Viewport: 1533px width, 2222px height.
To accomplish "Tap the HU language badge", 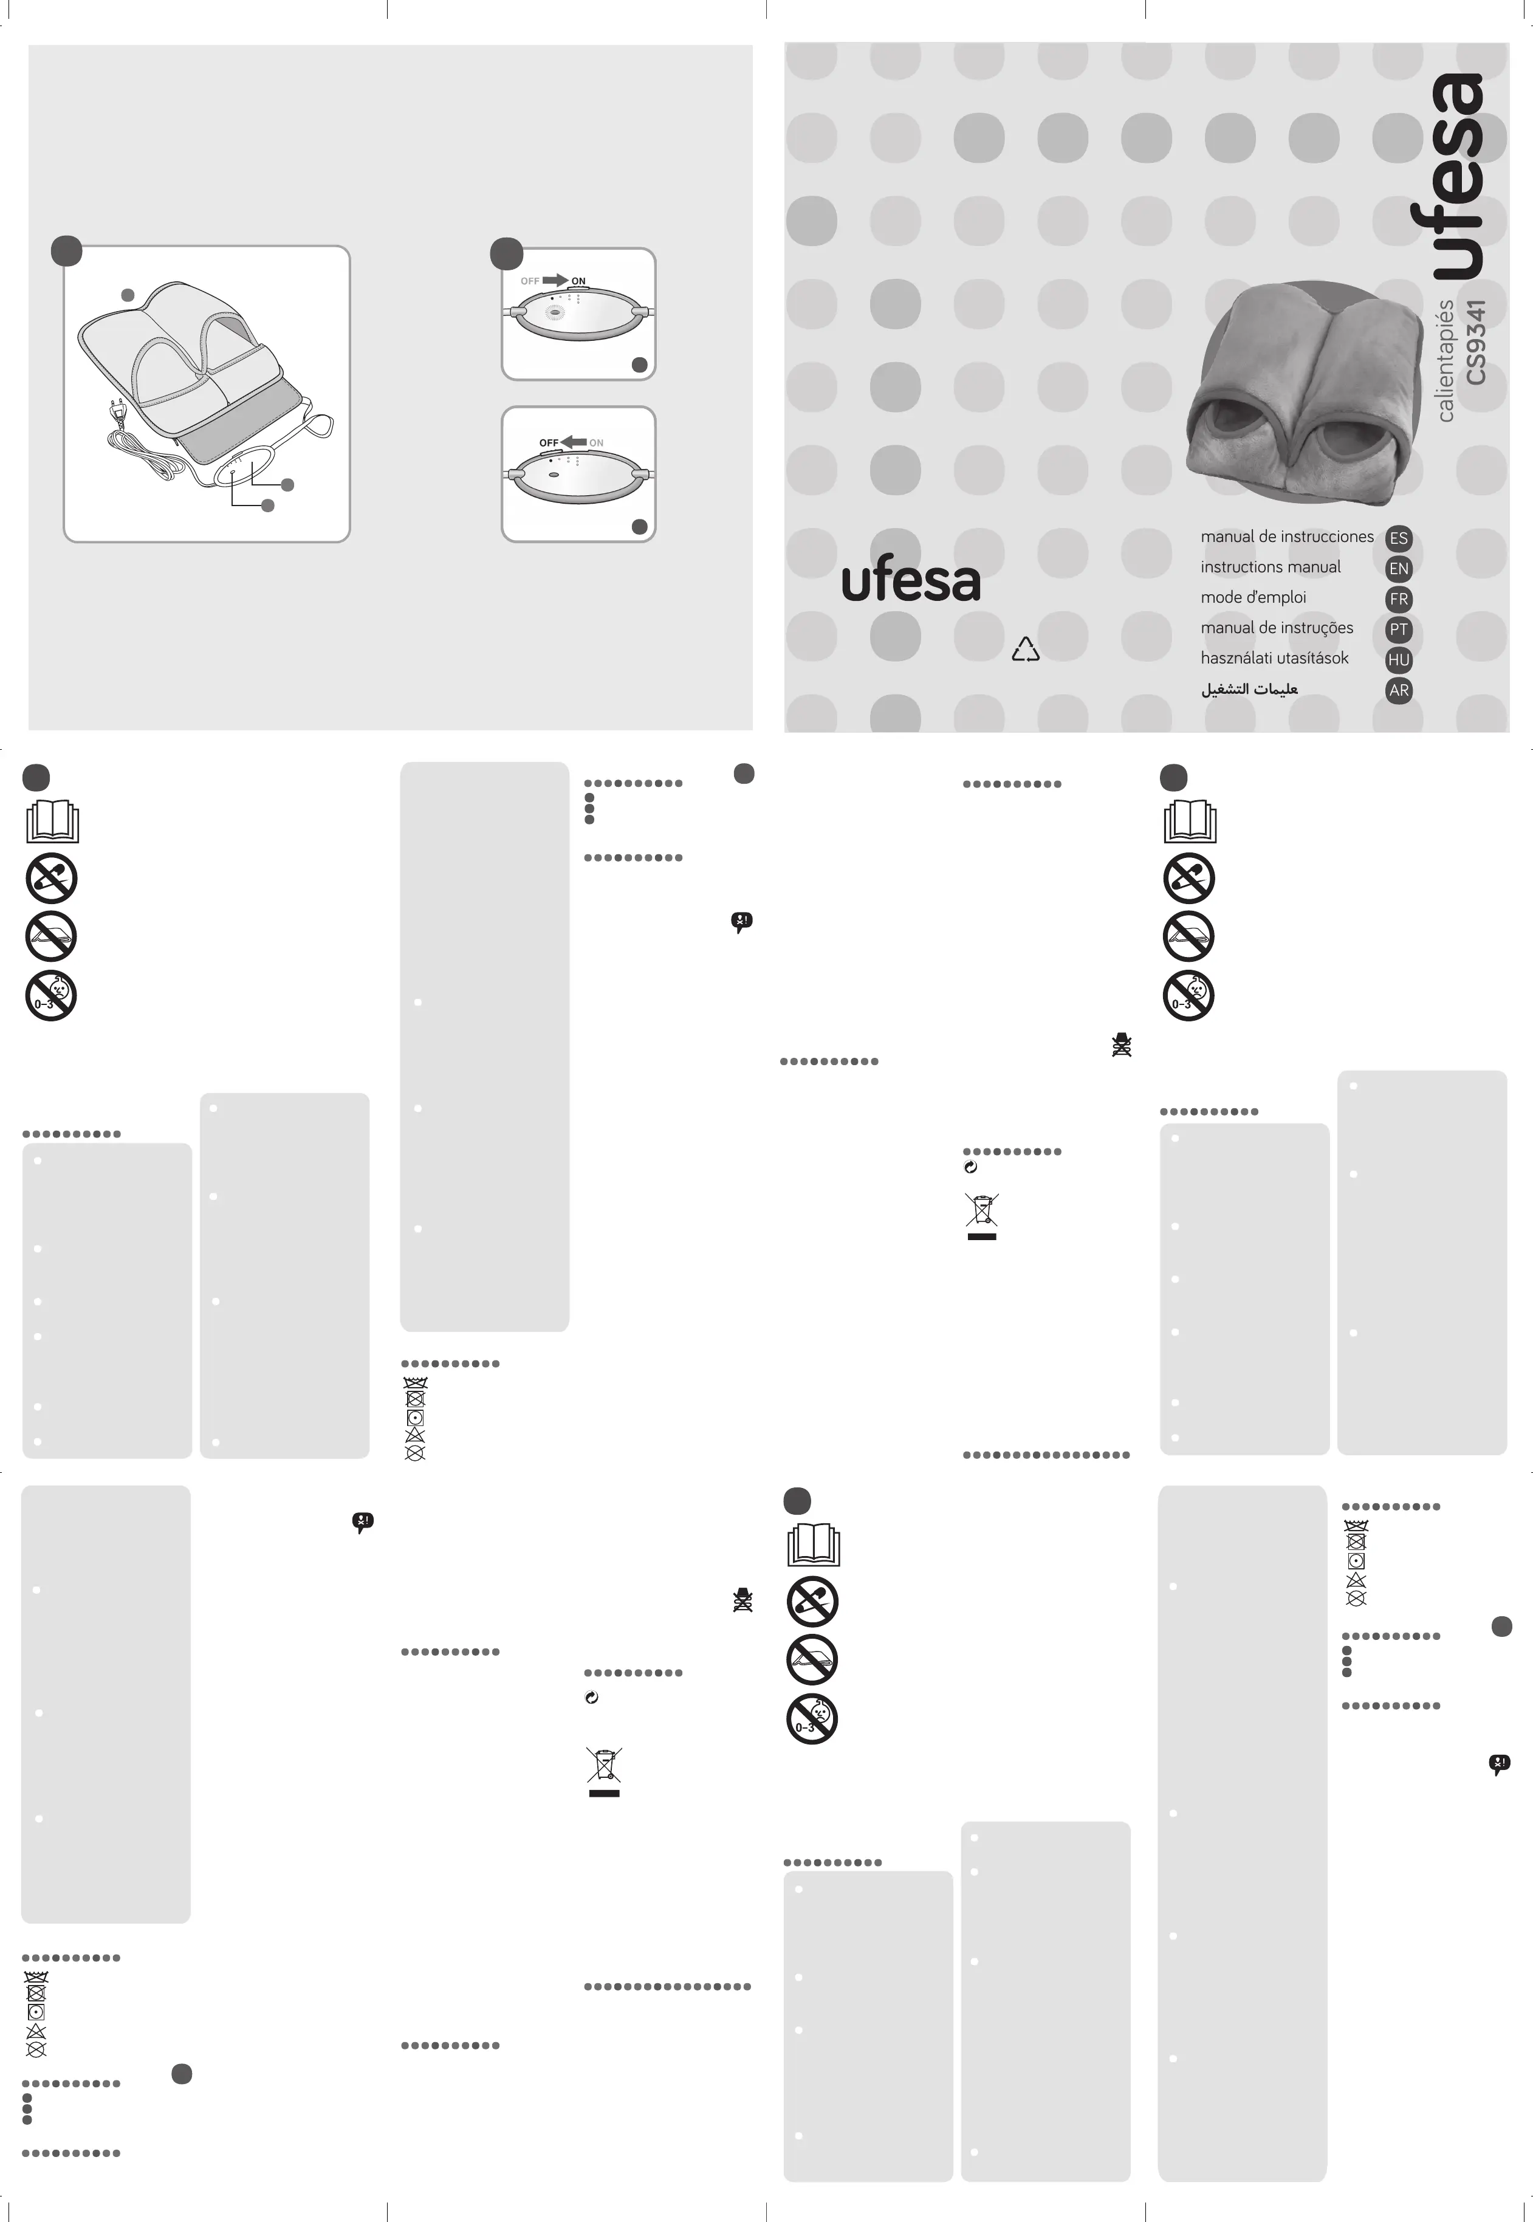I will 1399,660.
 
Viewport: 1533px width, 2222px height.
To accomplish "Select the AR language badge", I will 1399,690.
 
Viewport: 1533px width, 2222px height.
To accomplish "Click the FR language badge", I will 1399,599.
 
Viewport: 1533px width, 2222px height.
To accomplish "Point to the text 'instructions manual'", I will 1270,568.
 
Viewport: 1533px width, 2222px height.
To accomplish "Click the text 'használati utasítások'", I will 1274,659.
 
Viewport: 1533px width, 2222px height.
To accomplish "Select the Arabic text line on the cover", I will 1249,690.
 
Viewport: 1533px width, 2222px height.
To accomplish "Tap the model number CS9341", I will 1476,342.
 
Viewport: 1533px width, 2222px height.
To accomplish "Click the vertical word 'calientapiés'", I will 1446,360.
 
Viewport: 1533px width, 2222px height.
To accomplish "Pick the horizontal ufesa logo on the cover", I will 911,580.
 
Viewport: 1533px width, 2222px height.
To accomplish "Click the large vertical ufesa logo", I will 1456,177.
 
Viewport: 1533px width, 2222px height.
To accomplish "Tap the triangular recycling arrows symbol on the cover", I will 1025,650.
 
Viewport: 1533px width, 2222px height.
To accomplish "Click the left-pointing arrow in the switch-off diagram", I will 574,442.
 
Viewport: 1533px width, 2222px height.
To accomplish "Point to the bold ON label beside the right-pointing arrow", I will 578,281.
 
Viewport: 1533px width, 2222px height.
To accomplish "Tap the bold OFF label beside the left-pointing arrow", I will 549,443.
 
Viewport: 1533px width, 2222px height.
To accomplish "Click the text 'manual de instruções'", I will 1277,628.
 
